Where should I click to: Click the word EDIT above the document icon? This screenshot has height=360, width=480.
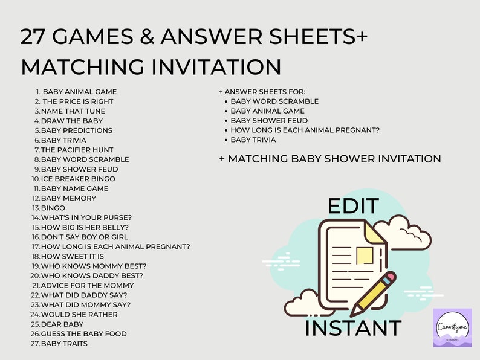coord(353,206)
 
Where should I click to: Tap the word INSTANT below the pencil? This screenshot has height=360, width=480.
coord(353,328)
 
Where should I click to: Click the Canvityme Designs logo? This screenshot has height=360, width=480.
coord(452,328)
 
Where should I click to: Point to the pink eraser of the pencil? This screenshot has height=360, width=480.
coord(389,278)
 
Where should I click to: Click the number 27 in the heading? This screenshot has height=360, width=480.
coord(34,37)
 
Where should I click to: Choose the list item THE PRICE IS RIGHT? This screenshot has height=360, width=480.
coord(77,101)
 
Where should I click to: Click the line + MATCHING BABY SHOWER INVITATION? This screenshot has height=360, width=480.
coord(329,159)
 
